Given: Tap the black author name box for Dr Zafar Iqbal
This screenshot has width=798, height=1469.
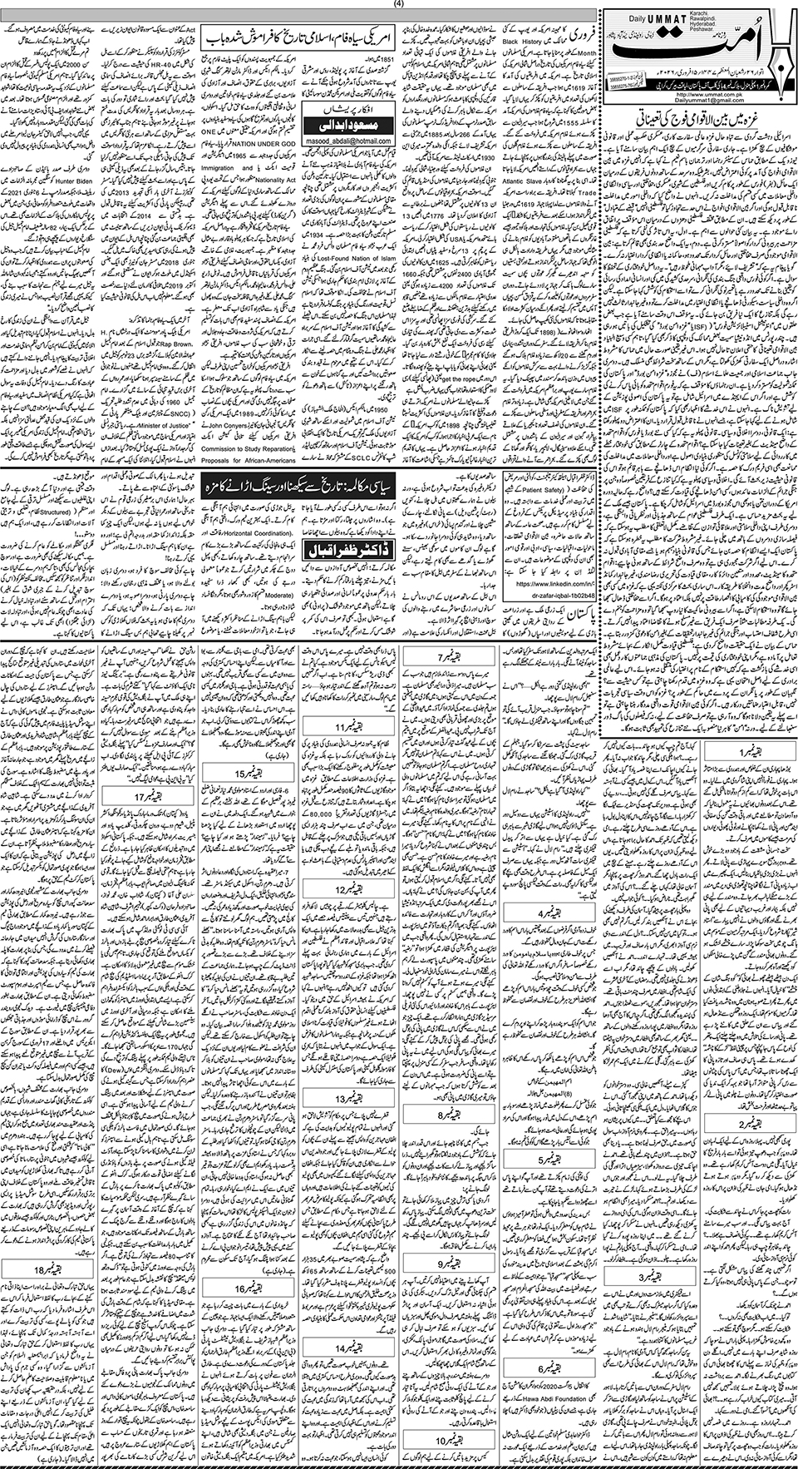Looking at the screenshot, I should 347,551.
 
